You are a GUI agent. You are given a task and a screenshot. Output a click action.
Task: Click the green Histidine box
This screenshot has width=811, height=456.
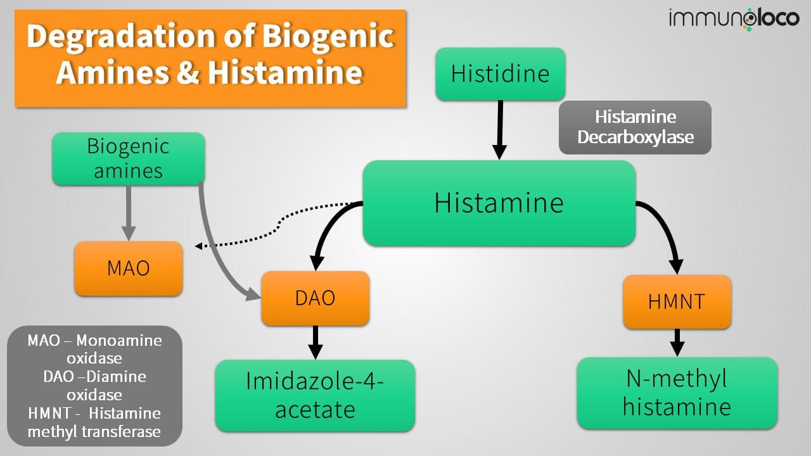coord(500,73)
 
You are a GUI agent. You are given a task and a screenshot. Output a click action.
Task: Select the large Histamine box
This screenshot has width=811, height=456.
coord(499,203)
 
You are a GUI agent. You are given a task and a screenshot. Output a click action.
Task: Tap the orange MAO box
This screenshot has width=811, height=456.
coord(129,268)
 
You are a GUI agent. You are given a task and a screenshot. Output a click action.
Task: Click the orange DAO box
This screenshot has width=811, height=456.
coord(315,298)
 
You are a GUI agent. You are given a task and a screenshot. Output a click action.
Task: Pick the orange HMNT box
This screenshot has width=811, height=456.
coord(677,301)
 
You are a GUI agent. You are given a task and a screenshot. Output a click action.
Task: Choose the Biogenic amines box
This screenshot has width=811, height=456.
coord(129,158)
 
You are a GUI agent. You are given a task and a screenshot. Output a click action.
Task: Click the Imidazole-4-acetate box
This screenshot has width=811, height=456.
coord(315,395)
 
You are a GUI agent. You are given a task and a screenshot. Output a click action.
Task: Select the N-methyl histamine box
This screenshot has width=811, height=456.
coord(677,393)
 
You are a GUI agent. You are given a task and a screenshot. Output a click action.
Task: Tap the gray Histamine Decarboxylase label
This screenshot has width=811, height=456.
coord(635,127)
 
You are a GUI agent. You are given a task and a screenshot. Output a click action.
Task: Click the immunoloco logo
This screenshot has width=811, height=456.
coord(734,18)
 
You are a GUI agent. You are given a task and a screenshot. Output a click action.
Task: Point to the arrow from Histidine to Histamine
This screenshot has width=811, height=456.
coord(500,130)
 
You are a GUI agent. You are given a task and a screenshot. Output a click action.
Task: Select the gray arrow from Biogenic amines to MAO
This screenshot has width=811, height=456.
coord(129,212)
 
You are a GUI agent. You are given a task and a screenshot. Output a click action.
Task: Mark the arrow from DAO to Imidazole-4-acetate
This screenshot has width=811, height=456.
coord(315,342)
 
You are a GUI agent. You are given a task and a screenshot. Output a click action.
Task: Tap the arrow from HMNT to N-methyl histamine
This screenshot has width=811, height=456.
coord(677,342)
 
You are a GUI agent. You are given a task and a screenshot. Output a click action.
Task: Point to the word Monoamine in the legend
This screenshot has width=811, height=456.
coord(127,341)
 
